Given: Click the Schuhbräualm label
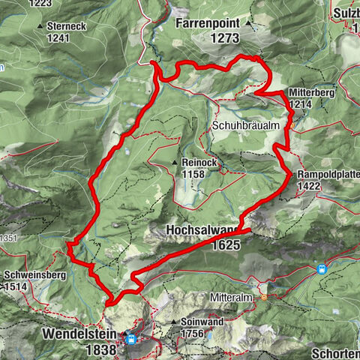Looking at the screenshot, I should [x=247, y=124].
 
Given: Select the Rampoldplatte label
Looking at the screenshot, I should [x=327, y=175].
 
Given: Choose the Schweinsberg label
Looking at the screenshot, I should [x=34, y=275].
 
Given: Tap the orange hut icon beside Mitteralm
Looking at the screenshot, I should [x=264, y=296].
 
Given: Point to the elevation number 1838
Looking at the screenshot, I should [x=100, y=349].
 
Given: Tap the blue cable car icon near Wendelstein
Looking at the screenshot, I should [x=130, y=339].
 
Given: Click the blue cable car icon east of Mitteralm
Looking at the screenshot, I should [x=321, y=269].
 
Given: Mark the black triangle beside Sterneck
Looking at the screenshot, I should [x=40, y=25].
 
